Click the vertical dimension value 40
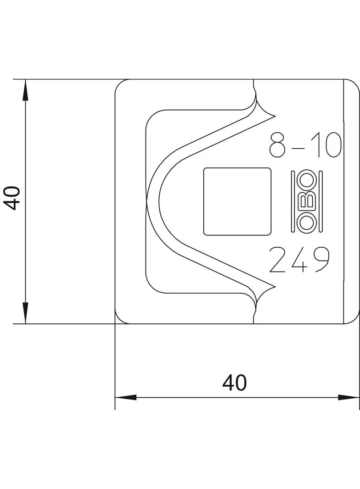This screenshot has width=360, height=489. coord(12,198)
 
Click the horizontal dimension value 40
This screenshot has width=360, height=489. coord(235,383)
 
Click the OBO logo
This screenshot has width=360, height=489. coord(307,201)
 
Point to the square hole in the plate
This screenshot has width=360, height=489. coord(237,201)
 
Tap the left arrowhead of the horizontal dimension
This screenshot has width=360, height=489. coord(125,398)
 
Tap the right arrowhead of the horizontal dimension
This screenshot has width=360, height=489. coord(349,398)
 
